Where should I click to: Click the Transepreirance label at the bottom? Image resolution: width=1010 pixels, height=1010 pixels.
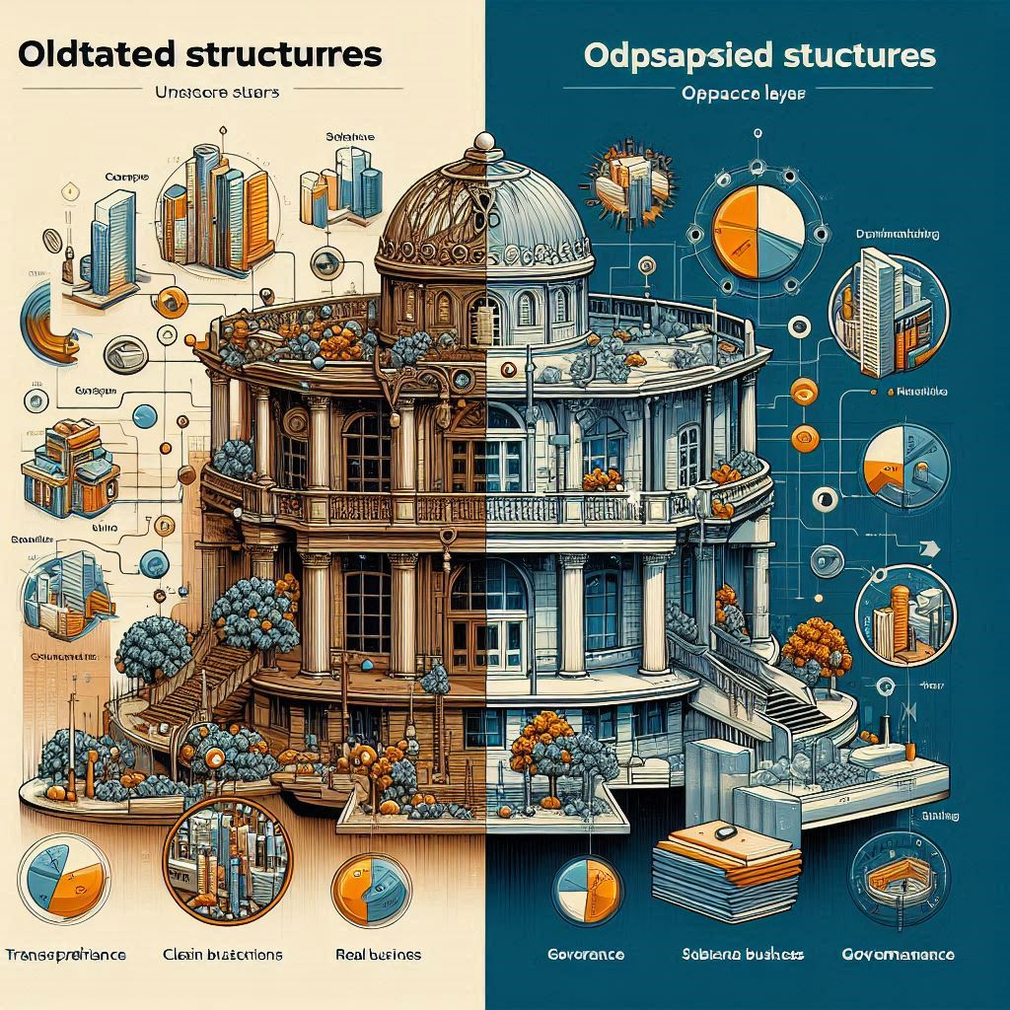(69, 955)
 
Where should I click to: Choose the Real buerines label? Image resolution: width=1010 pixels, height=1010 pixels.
(378, 955)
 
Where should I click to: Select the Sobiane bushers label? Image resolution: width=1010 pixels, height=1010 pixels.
(743, 955)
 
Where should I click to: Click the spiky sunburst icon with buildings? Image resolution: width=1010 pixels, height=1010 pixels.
(631, 178)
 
